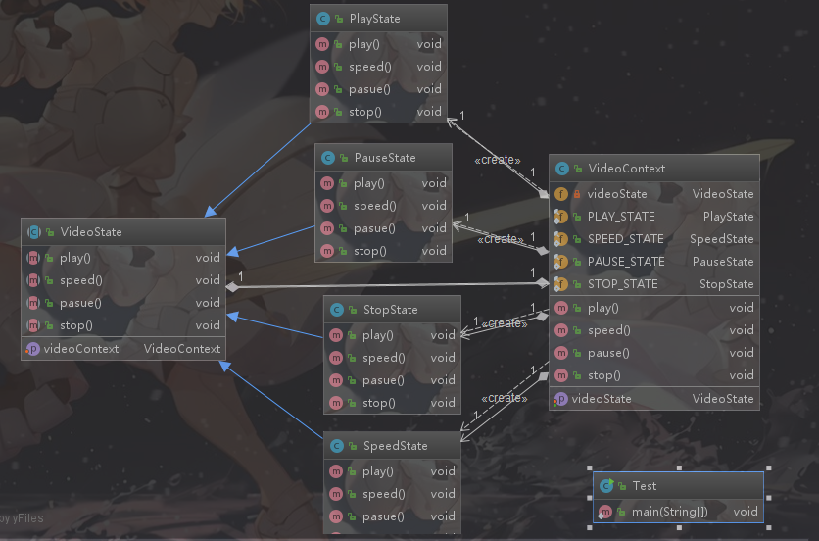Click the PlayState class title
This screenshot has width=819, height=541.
pos(374,19)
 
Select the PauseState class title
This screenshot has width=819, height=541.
pos(384,158)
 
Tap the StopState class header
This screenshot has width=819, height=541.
pos(390,310)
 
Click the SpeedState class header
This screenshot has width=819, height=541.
pos(395,446)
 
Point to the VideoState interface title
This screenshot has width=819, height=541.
pos(91,232)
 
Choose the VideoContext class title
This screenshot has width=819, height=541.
pos(626,169)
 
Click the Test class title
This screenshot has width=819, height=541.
pos(644,486)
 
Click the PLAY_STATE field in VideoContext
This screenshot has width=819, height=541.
pos(621,217)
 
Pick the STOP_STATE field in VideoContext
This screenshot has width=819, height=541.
pos(622,284)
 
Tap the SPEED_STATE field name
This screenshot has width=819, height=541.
pos(625,239)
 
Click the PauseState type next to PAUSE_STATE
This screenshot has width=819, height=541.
pos(723,262)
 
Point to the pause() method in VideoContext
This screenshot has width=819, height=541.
pos(607,353)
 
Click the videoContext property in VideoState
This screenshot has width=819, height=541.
pos(81,349)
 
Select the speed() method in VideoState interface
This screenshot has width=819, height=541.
pos(81,280)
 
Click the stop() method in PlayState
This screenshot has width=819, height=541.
pos(364,112)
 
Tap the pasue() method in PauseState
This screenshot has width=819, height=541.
pos(373,228)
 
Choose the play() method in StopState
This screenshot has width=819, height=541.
pos(378,335)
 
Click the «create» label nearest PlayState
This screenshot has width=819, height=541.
pos(497,160)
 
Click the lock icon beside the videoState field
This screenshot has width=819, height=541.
pos(577,194)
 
